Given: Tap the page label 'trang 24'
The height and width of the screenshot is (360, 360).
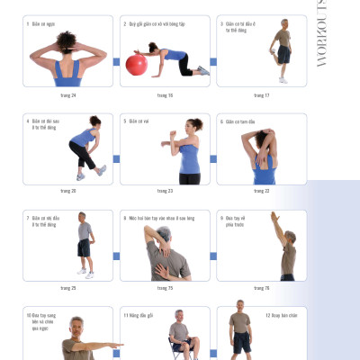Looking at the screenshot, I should (67, 94).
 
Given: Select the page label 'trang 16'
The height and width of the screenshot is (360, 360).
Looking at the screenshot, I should (165, 94).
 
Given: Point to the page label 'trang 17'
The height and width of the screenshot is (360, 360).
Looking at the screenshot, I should (261, 94).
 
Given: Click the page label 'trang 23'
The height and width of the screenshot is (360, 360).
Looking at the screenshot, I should (165, 191).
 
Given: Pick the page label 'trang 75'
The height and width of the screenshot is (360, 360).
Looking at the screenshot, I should (165, 288).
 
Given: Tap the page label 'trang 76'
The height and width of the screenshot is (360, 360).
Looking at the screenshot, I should (261, 288).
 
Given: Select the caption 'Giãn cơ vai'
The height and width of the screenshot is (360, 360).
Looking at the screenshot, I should (139, 121).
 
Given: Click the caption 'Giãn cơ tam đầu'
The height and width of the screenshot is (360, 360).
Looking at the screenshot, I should (240, 121).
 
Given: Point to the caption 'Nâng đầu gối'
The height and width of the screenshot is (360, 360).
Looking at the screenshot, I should (139, 315).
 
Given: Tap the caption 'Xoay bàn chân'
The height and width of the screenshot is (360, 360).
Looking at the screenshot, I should (281, 315).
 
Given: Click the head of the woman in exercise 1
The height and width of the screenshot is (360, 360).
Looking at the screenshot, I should (67, 40).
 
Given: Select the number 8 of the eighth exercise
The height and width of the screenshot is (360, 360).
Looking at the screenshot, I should (124, 217).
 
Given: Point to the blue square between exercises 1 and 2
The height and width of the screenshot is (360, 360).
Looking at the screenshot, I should (116, 62).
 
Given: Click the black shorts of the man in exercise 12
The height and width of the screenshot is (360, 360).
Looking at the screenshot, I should (241, 342).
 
